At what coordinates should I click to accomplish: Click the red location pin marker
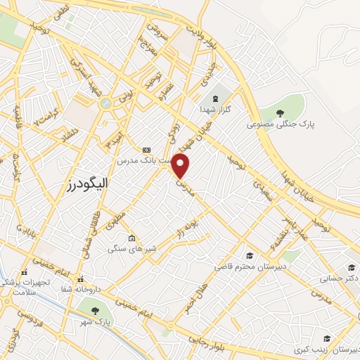181,166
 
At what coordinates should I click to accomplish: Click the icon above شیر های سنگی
131,238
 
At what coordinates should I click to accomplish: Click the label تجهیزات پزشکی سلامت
25,283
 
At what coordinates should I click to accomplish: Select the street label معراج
165,52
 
